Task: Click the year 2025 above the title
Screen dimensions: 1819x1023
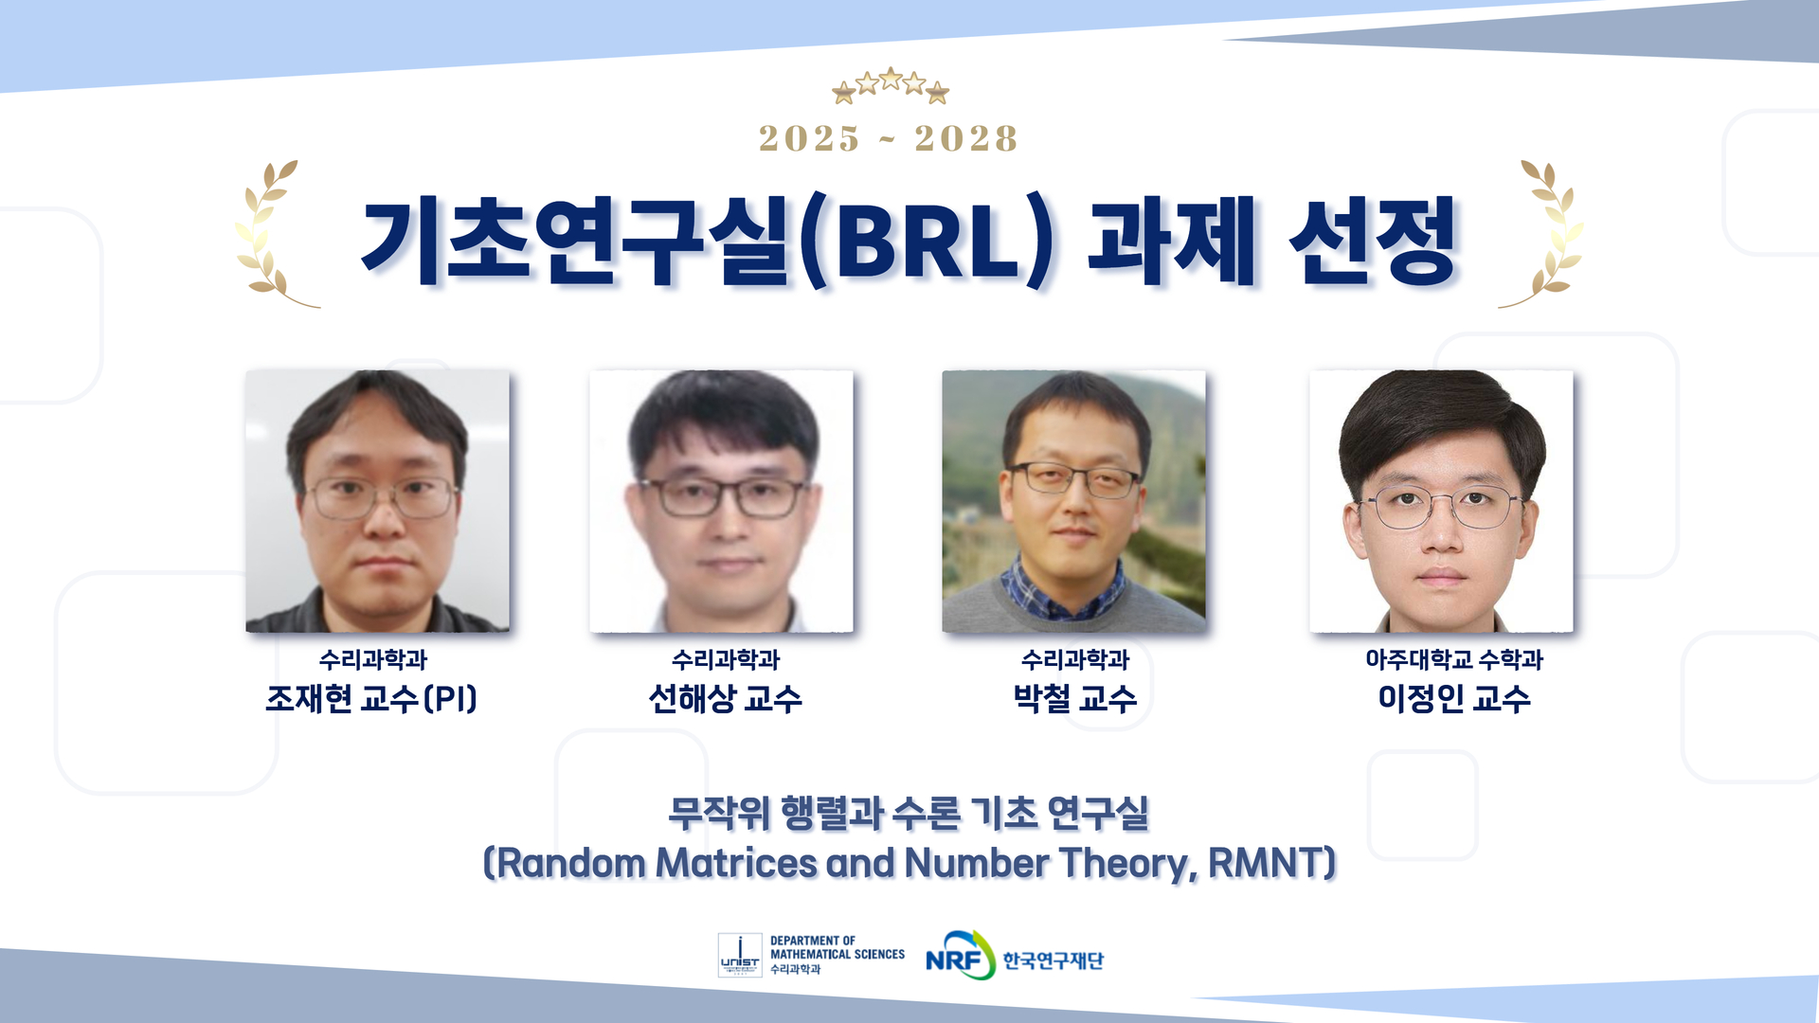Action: [x=809, y=138]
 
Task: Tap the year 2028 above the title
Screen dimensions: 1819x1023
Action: [x=965, y=138]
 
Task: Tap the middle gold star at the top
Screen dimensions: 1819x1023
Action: [x=891, y=79]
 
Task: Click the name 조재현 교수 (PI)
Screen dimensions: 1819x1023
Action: [x=371, y=699]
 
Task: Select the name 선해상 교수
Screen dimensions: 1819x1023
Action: [x=725, y=699]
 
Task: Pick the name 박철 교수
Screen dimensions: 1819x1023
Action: [x=1075, y=699]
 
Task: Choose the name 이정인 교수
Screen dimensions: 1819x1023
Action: [x=1454, y=699]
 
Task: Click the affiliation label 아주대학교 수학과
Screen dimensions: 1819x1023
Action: [x=1454, y=659]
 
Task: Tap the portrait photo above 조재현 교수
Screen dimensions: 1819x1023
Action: [x=377, y=501]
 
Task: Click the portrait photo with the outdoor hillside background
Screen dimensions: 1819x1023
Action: [x=1073, y=501]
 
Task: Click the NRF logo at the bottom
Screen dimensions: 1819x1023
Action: [x=960, y=956]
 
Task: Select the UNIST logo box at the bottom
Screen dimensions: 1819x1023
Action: [x=740, y=955]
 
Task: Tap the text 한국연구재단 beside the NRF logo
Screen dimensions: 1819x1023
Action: [x=1054, y=960]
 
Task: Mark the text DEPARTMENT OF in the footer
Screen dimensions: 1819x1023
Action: [x=813, y=941]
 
